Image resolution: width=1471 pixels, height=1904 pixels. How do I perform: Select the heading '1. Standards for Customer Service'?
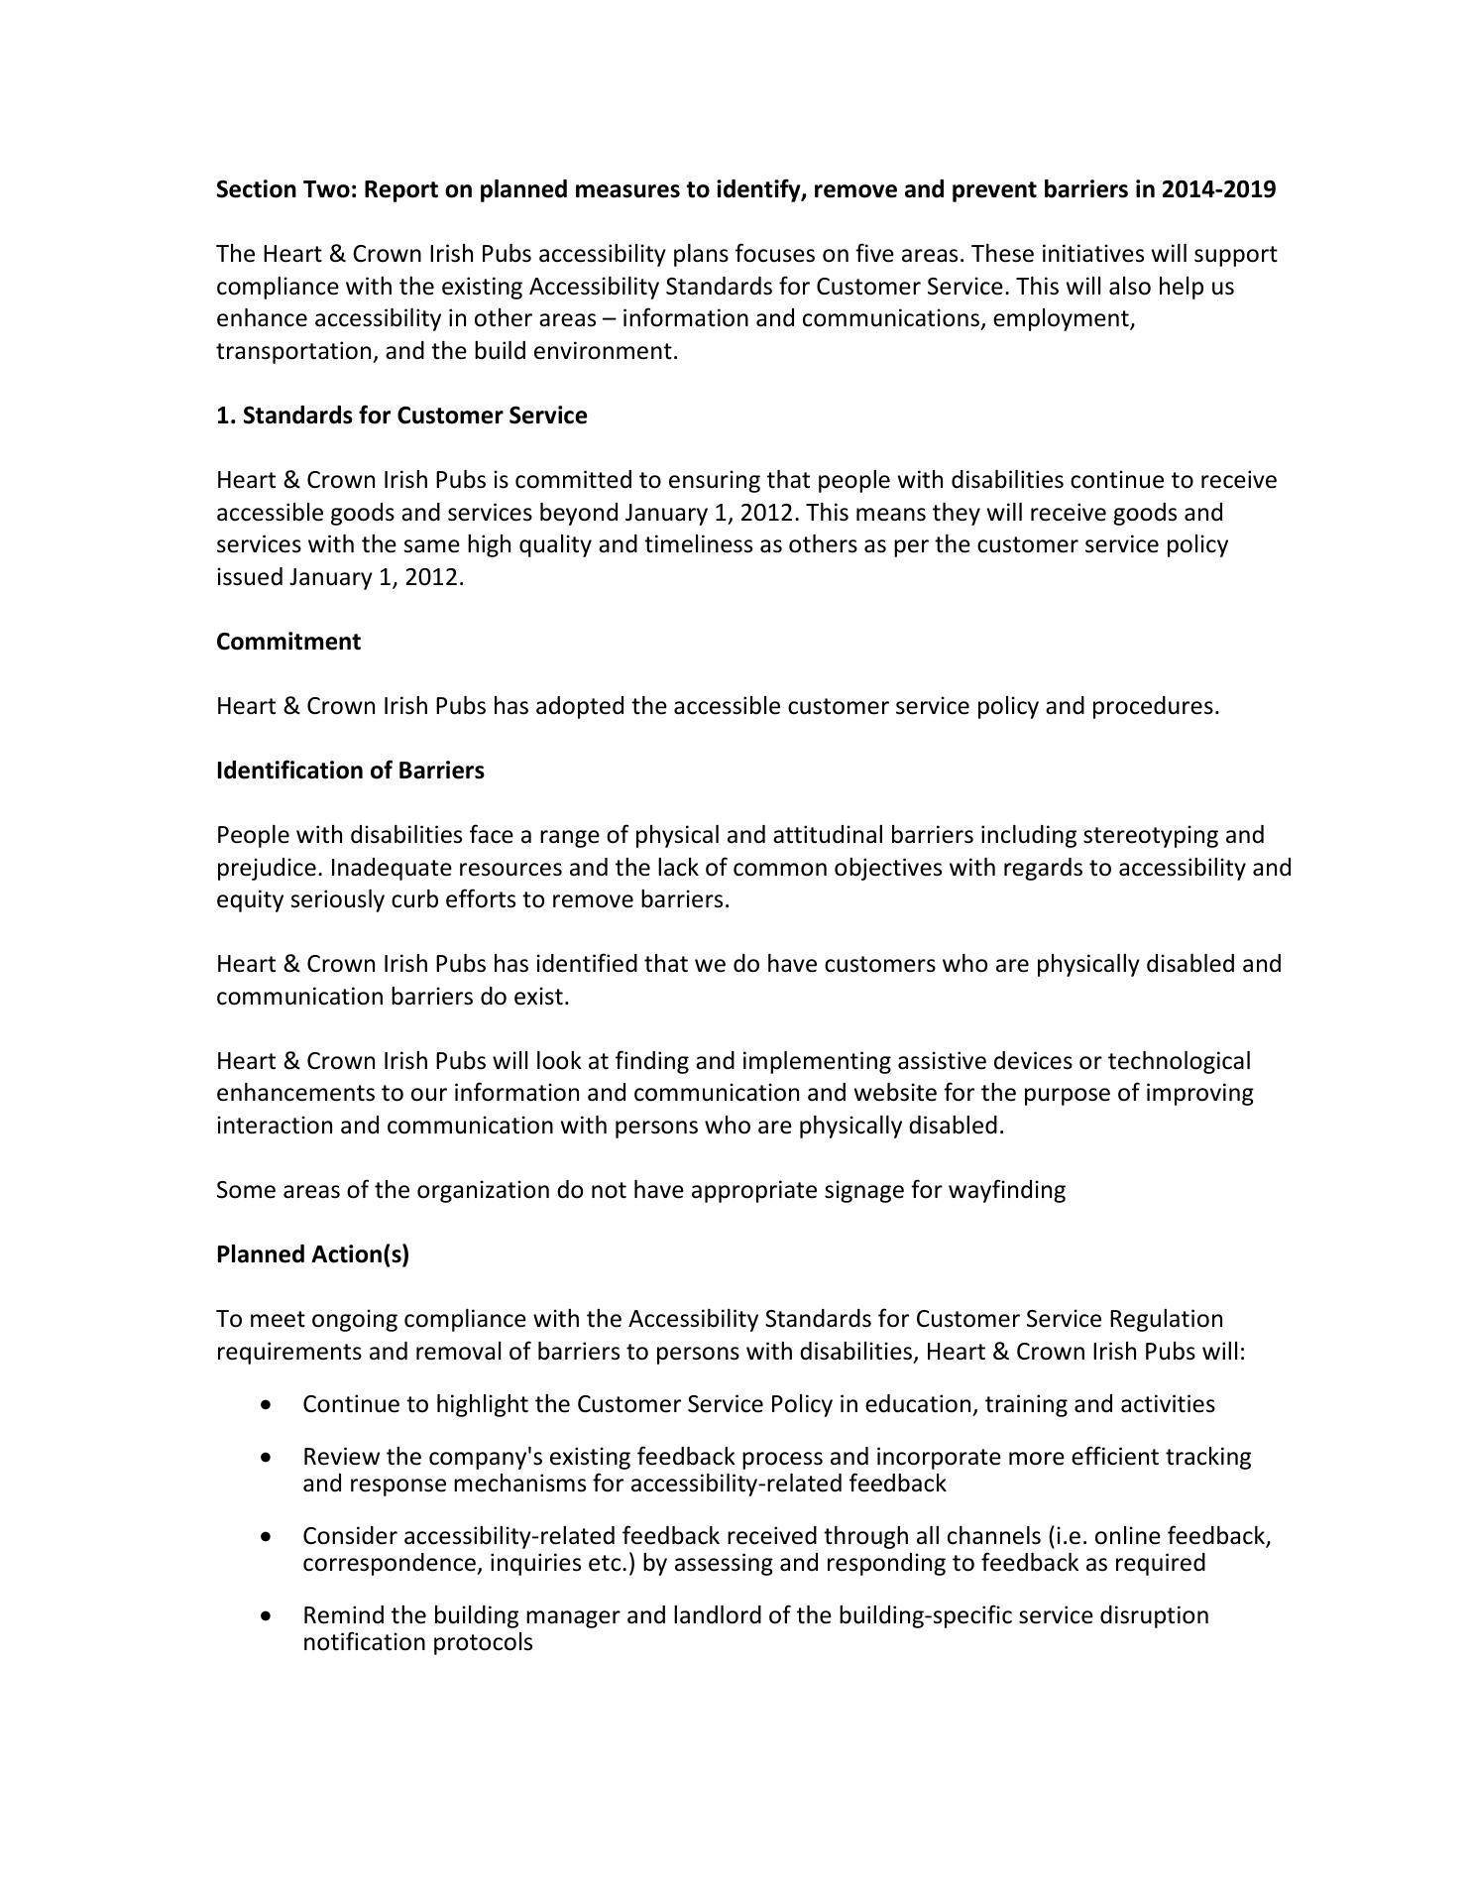(x=401, y=416)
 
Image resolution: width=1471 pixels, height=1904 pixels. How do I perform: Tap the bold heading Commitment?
(x=288, y=642)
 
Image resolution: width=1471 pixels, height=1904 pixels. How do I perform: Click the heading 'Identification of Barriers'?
(x=350, y=771)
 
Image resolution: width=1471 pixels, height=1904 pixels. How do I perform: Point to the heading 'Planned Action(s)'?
(x=312, y=1254)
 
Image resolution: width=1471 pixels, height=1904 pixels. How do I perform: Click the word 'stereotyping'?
(x=1153, y=835)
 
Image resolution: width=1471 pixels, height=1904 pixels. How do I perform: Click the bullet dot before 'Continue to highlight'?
(x=266, y=1405)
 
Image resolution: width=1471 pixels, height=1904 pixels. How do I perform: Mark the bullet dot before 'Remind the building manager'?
(x=266, y=1616)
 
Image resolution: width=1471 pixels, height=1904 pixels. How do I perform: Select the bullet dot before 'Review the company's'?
(x=266, y=1458)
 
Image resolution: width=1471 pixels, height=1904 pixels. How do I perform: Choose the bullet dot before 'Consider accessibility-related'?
(x=266, y=1537)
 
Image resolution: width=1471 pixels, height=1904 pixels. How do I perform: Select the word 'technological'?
(x=1179, y=1061)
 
